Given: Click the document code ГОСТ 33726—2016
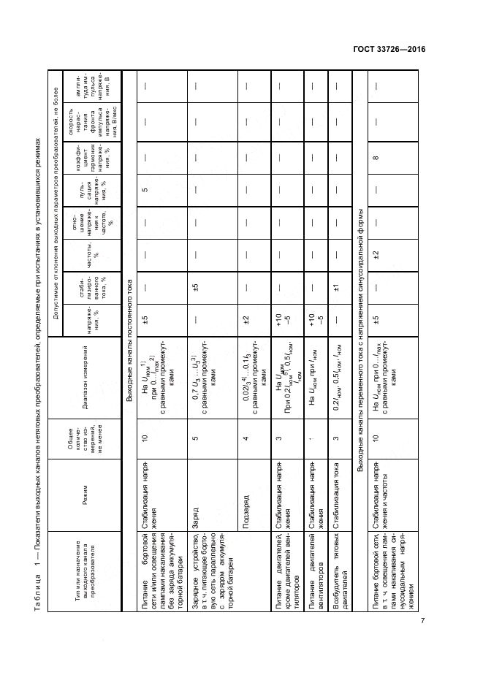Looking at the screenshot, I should point(386,50).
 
